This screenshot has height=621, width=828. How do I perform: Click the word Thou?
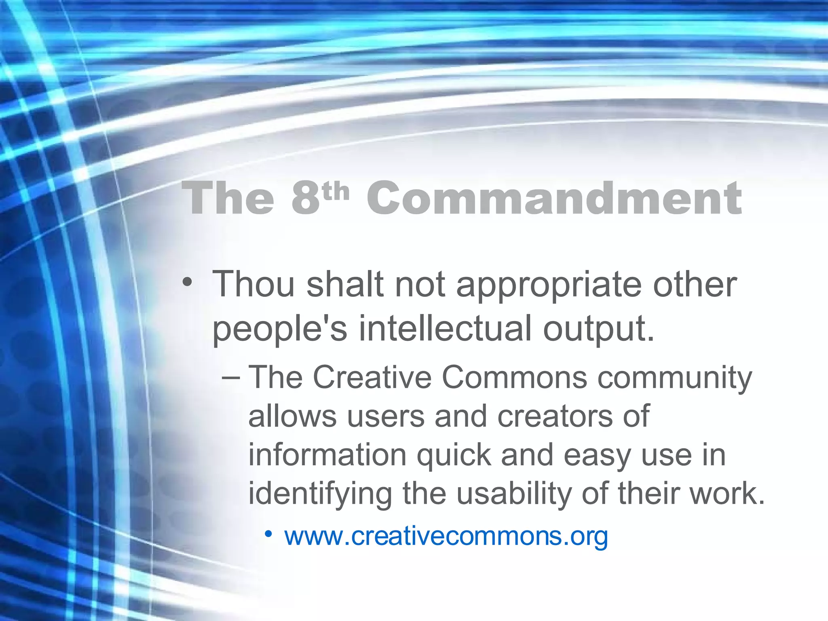pyautogui.click(x=253, y=284)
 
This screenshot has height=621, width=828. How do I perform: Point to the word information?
pyautogui.click(x=327, y=455)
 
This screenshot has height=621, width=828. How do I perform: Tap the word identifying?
pyautogui.click(x=320, y=494)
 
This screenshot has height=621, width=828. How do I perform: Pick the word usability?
pyautogui.click(x=514, y=494)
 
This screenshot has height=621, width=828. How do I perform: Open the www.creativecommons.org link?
pyautogui.click(x=446, y=537)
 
